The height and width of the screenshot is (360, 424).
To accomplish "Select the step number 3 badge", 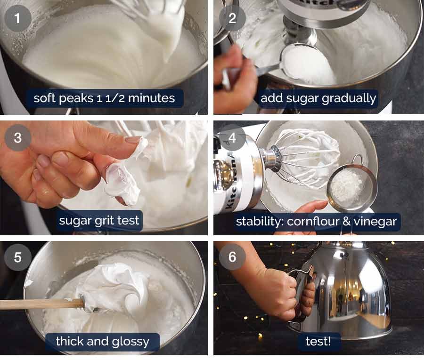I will (x=18, y=138).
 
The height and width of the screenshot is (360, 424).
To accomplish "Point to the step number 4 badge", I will (x=232, y=138).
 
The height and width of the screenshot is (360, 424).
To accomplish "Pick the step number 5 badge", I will (x=18, y=258).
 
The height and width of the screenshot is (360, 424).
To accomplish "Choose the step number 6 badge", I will (x=232, y=258).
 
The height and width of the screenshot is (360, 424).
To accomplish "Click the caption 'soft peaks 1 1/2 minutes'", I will (x=104, y=98).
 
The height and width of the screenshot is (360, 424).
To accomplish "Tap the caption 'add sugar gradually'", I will (x=318, y=98).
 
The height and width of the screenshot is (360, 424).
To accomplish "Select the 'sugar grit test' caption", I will (x=99, y=220).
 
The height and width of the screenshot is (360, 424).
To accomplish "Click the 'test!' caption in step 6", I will (x=318, y=341).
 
